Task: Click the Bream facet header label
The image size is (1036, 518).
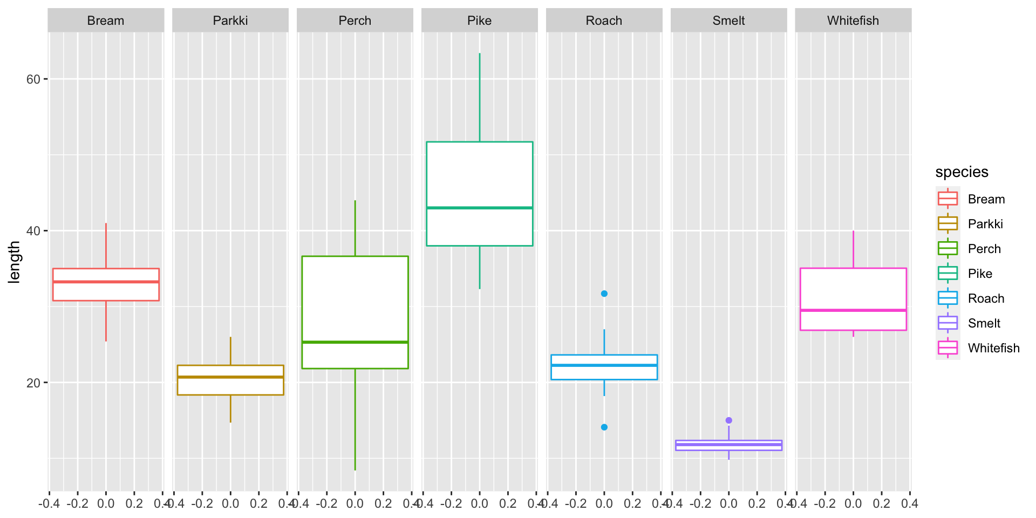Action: (106, 21)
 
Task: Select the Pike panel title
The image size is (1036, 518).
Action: (479, 21)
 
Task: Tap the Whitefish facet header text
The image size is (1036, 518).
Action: (853, 21)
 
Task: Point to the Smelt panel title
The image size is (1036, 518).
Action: (728, 21)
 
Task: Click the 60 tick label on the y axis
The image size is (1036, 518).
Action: (33, 79)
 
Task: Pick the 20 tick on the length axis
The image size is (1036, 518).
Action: (33, 383)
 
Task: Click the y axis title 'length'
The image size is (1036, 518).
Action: (15, 262)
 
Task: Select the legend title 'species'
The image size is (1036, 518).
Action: (962, 172)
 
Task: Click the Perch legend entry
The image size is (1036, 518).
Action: (984, 249)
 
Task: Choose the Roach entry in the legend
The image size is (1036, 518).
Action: (986, 298)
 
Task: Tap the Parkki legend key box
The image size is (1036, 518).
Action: (948, 223)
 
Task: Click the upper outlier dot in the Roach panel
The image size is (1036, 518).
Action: (604, 294)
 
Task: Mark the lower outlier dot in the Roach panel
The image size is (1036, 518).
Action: (604, 427)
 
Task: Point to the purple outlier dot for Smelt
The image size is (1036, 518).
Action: (729, 420)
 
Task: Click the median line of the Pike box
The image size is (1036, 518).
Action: (479, 208)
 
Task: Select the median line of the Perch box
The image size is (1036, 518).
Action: (355, 342)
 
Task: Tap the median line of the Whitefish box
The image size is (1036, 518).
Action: (853, 310)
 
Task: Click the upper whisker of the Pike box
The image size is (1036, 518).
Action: (479, 97)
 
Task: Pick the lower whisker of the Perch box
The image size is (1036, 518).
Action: (355, 421)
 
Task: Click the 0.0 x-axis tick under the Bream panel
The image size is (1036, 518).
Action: (106, 504)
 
